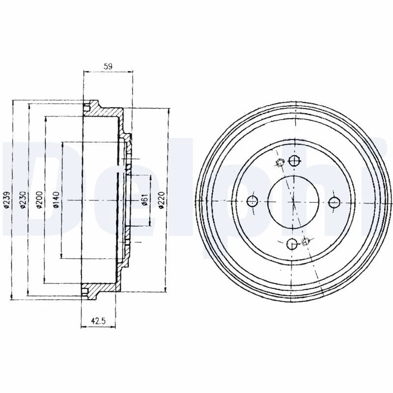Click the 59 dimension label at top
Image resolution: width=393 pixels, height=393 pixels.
pyautogui.click(x=108, y=66)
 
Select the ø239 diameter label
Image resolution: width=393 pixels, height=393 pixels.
pyautogui.click(x=7, y=200)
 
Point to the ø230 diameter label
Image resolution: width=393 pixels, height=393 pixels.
pyautogui.click(x=23, y=200)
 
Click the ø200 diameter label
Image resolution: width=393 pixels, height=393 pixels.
pyautogui.click(x=39, y=200)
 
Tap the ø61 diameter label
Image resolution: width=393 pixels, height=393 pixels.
pyautogui.click(x=144, y=200)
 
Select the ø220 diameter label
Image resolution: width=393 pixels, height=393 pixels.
pyautogui.click(x=161, y=200)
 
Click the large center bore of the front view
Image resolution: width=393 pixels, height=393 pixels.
pyautogui.click(x=293, y=202)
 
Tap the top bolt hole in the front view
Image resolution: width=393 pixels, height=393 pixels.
pyautogui.click(x=294, y=161)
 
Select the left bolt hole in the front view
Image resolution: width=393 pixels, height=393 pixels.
pyautogui.click(x=253, y=201)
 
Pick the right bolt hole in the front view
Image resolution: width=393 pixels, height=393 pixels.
pyautogui.click(x=334, y=202)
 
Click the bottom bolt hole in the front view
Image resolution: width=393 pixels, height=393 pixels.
pyautogui.click(x=292, y=244)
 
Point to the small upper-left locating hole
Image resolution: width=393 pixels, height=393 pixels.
pyautogui.click(x=280, y=163)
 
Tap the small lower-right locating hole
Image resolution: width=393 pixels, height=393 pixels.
pyautogui.click(x=305, y=242)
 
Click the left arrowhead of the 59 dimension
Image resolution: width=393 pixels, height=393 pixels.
pyautogui.click(x=85, y=72)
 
